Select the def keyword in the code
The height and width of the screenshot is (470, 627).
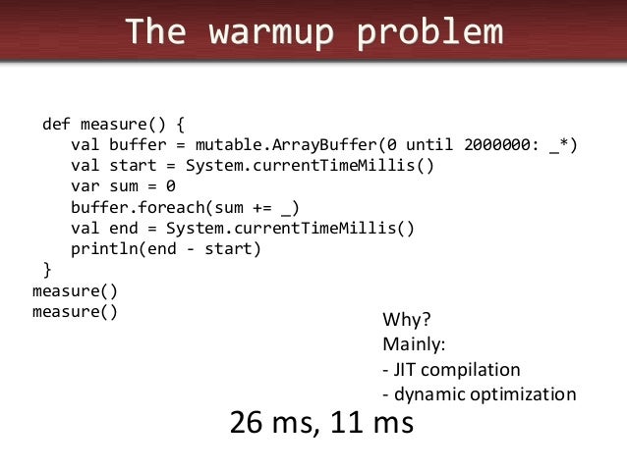[56, 125]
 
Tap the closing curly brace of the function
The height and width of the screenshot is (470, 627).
[46, 270]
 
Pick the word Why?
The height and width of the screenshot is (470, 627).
[406, 321]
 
